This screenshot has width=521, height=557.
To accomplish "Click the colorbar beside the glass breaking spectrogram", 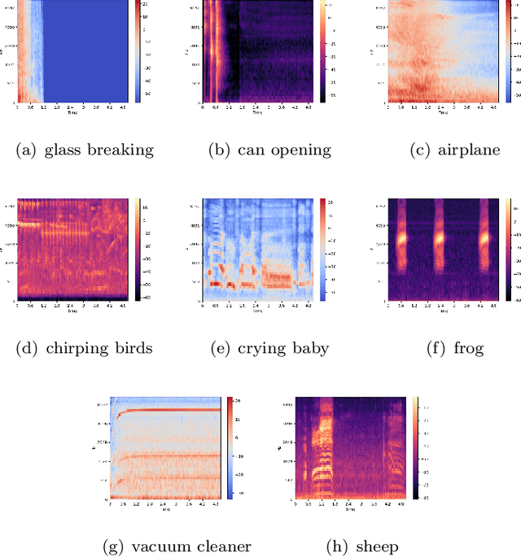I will [137, 52].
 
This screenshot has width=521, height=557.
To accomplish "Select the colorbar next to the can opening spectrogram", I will [322, 52].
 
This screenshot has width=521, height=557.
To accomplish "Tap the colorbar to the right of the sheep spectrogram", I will [415, 447].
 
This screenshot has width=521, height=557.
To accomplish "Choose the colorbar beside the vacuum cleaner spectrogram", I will [230, 447].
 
